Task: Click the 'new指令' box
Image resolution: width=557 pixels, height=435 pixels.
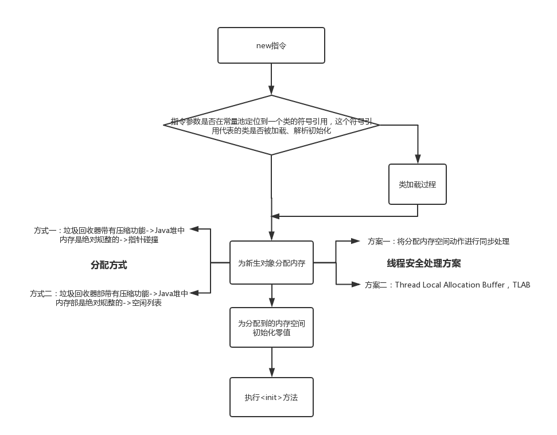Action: click(x=271, y=45)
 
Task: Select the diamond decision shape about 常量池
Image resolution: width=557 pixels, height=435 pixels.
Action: click(x=271, y=125)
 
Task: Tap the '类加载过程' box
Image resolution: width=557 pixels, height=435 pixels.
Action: click(x=418, y=184)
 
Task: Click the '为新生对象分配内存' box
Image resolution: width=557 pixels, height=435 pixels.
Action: click(x=271, y=263)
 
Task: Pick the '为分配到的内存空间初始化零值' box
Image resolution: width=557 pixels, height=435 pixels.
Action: click(x=271, y=327)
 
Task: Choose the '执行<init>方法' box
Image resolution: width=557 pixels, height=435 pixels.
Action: click(x=271, y=397)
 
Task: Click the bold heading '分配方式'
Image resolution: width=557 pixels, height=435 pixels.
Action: click(x=108, y=265)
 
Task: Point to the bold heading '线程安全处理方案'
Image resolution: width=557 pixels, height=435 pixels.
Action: click(x=424, y=263)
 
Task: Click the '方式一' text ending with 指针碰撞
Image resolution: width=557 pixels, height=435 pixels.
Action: click(x=109, y=235)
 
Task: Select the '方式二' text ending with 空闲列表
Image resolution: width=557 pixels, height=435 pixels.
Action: click(x=108, y=298)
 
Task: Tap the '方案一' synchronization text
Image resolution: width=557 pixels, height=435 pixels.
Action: click(x=438, y=241)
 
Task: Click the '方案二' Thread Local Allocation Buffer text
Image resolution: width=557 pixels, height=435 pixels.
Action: click(x=447, y=285)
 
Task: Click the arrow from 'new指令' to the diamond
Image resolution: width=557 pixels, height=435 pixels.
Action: click(x=271, y=79)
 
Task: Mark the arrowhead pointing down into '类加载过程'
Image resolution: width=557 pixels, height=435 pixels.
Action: click(x=418, y=159)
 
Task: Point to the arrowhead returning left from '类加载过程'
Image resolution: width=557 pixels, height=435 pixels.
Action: click(x=275, y=216)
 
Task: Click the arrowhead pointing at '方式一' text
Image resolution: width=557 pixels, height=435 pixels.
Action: click(x=194, y=229)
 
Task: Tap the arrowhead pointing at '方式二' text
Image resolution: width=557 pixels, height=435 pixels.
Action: click(x=194, y=293)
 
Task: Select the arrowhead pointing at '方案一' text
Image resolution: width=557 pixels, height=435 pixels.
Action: click(x=356, y=241)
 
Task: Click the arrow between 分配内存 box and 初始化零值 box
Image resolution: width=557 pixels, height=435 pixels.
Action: click(x=272, y=296)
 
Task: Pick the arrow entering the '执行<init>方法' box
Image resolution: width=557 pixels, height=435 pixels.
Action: click(x=272, y=362)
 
